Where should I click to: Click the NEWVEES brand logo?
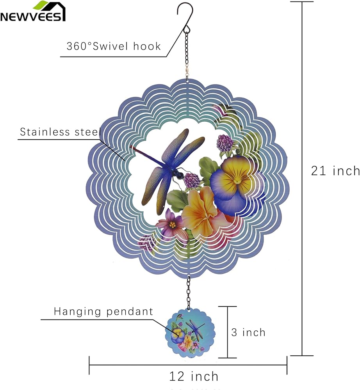click(33, 11)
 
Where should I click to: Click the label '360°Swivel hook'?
click(114, 46)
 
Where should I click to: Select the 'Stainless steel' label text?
click(60, 132)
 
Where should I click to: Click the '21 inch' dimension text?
click(335, 171)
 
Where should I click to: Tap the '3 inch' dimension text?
click(248, 332)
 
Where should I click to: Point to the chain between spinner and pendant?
click(189, 292)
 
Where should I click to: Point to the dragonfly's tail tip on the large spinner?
click(132, 147)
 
